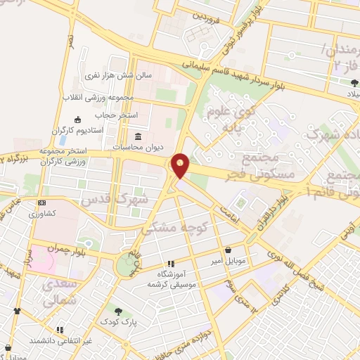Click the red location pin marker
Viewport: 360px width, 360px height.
180,165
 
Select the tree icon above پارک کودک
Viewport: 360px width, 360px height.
118,311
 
